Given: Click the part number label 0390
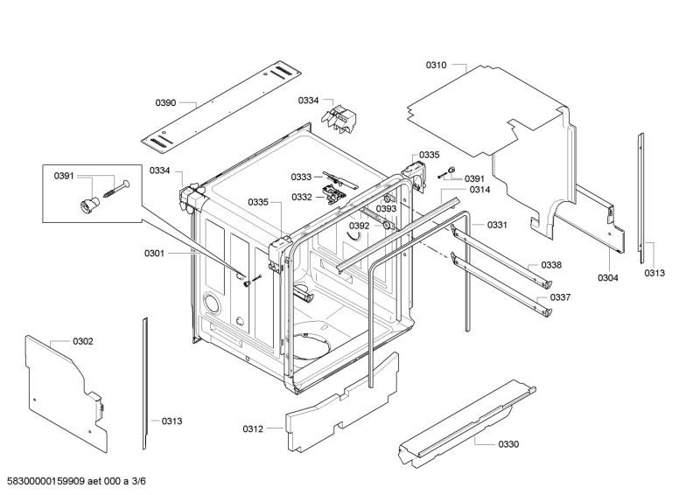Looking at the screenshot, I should (166, 103).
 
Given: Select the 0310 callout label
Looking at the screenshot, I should (436, 65).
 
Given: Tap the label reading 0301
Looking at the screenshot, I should (154, 254).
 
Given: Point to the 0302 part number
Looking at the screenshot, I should (83, 340).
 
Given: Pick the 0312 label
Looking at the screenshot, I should (253, 429).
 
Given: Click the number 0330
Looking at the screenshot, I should (508, 444).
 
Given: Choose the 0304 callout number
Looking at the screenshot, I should (608, 278).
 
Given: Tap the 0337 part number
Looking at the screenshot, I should (560, 297).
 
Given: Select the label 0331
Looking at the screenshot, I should (497, 225).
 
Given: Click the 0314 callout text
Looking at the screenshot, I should (479, 190).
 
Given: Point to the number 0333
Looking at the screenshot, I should (302, 178).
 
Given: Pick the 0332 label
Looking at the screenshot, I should (302, 197).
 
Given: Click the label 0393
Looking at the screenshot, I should (386, 209).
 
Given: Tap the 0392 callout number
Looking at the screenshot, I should (360, 226).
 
